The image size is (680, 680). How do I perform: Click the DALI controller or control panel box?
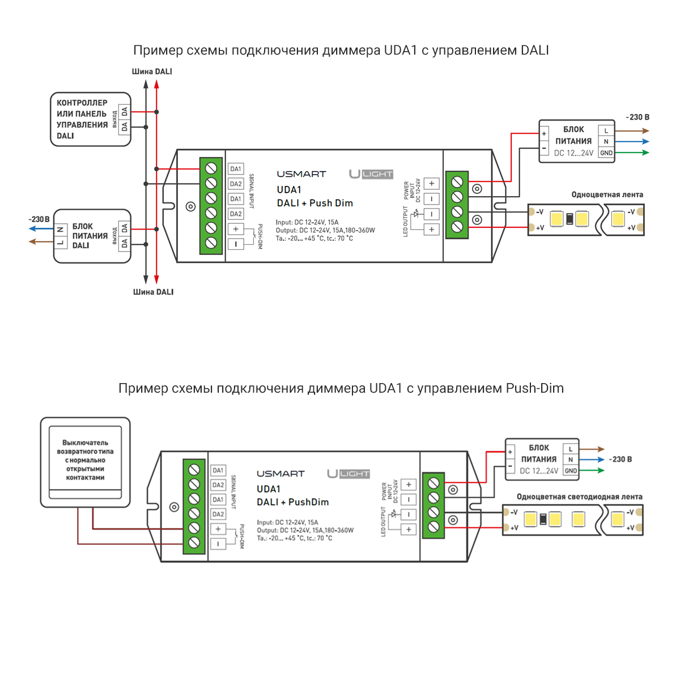pyautogui.click(x=91, y=119)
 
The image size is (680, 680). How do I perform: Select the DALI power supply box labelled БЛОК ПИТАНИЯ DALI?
pyautogui.click(x=92, y=236)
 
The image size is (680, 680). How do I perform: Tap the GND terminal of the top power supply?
pyautogui.click(x=606, y=153)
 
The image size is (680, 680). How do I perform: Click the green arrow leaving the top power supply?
pyautogui.click(x=632, y=153)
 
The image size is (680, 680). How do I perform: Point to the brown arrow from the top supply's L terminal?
pyautogui.click(x=632, y=131)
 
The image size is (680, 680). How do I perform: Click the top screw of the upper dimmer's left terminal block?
pyautogui.click(x=211, y=169)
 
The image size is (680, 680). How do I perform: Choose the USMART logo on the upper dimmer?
pyautogui.click(x=301, y=174)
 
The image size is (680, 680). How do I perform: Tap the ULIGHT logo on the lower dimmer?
pyautogui.click(x=348, y=474)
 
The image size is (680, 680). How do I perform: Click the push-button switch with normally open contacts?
pyautogui.click(x=86, y=462)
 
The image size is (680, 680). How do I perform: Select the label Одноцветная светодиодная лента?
pyautogui.click(x=580, y=497)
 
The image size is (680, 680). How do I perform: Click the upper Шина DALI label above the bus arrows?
pyautogui.click(x=152, y=71)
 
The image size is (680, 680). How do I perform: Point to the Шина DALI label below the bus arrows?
pyautogui.click(x=153, y=292)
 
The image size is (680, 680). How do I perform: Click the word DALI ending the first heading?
pyautogui.click(x=534, y=50)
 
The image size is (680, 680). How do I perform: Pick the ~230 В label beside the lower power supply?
pyautogui.click(x=620, y=460)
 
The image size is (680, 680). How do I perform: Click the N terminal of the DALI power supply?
pyautogui.click(x=61, y=229)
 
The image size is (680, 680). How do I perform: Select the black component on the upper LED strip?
pyautogui.click(x=569, y=219)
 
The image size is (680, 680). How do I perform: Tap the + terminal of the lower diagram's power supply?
pyautogui.click(x=510, y=452)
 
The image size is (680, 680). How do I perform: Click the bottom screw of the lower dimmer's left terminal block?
pyautogui.click(x=194, y=543)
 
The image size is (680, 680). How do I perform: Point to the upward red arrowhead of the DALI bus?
pyautogui.click(x=156, y=84)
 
